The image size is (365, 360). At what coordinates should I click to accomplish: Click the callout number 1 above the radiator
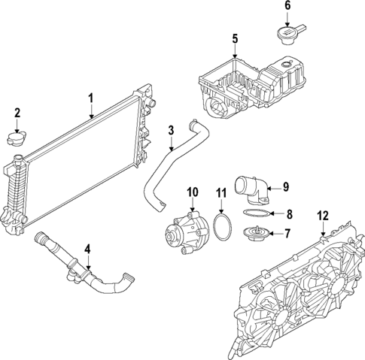90,98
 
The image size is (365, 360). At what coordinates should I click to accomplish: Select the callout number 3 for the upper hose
171,130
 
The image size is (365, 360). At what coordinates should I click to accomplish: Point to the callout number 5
234,38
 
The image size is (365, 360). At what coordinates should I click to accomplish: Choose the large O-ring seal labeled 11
221,228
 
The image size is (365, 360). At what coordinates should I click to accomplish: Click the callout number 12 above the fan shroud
323,216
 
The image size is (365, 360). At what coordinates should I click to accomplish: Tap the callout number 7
286,234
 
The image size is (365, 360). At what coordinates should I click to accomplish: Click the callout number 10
191,191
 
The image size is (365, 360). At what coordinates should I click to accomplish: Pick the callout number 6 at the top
287,6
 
